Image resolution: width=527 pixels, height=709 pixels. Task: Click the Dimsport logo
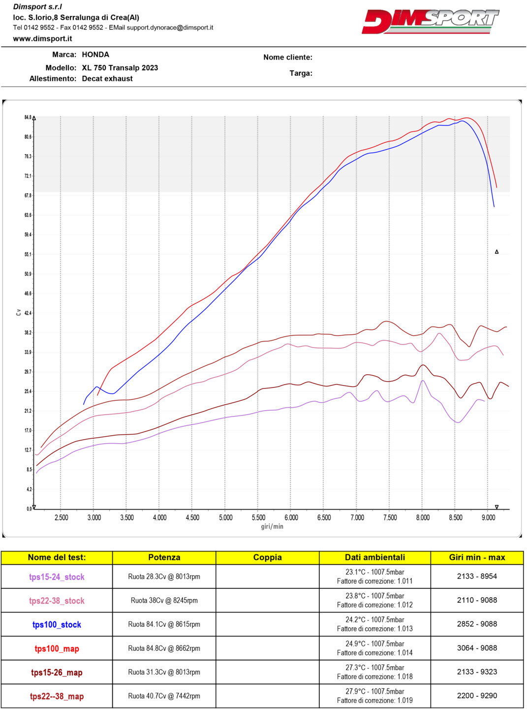tap(430, 22)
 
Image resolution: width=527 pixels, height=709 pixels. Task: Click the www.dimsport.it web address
tap(42, 38)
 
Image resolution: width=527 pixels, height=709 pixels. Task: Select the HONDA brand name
tap(95, 55)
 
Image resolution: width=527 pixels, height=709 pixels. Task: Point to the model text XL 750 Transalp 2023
tap(120, 68)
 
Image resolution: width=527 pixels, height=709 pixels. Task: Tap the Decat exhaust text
tap(107, 79)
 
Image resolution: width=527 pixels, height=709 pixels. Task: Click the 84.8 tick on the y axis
tap(28, 118)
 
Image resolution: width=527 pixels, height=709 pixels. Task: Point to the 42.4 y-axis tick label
tap(28, 313)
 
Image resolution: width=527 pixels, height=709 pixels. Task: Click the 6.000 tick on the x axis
tap(291, 517)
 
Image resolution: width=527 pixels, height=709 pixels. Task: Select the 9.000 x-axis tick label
tap(488, 517)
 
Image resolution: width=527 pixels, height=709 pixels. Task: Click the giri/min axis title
tap(272, 526)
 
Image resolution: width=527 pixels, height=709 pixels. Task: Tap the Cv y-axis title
tap(19, 312)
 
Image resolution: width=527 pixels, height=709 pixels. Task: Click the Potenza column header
tap(164, 557)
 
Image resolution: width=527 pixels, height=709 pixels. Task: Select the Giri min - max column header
tap(477, 557)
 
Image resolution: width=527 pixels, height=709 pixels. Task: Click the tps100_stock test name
tap(57, 625)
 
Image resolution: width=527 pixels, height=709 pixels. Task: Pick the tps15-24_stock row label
tap(57, 577)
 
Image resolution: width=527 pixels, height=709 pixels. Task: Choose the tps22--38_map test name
tap(57, 696)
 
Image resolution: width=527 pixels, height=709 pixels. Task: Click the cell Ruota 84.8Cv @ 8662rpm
tap(164, 648)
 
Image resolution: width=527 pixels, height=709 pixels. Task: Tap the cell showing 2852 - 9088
tap(477, 624)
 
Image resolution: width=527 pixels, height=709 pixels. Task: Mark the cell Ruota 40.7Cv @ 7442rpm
tap(164, 696)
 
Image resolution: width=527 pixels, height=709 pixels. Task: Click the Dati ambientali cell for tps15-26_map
tap(374, 672)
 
